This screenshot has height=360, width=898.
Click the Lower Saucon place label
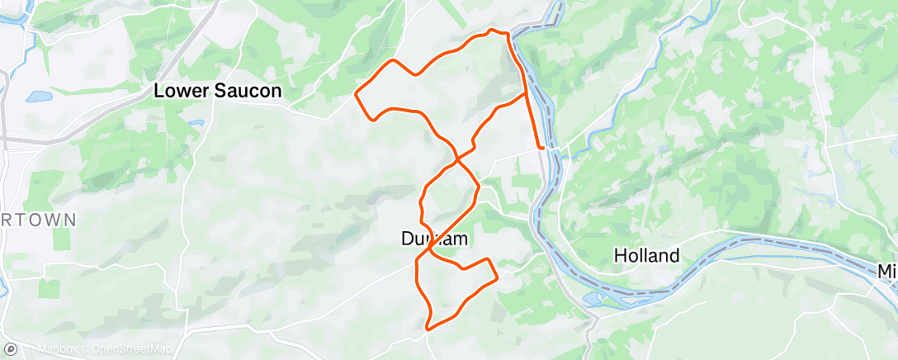(218, 91)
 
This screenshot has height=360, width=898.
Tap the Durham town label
(435, 239)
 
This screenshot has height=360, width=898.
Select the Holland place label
(647, 256)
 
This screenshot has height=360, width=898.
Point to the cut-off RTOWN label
(38, 220)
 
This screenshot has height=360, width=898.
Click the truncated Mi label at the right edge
(886, 271)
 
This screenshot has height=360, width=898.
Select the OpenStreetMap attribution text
(132, 349)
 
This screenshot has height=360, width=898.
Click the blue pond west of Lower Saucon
(38, 97)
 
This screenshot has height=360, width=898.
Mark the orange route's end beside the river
(541, 147)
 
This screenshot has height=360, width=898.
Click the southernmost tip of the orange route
(428, 329)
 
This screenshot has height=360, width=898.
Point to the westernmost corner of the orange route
(356, 95)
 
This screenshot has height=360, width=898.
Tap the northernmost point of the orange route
(492, 30)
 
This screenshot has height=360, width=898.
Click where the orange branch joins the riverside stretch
(526, 94)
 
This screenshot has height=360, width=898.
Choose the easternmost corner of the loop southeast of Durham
(497, 280)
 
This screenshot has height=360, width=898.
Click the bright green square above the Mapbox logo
(61, 239)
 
